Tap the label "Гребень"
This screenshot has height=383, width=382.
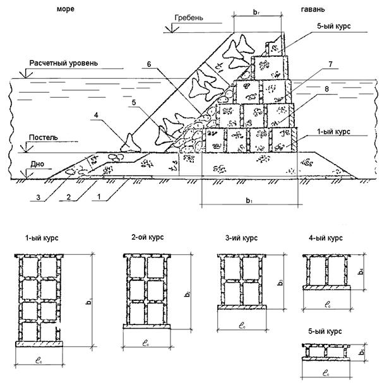187,18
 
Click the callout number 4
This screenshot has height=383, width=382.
97,115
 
